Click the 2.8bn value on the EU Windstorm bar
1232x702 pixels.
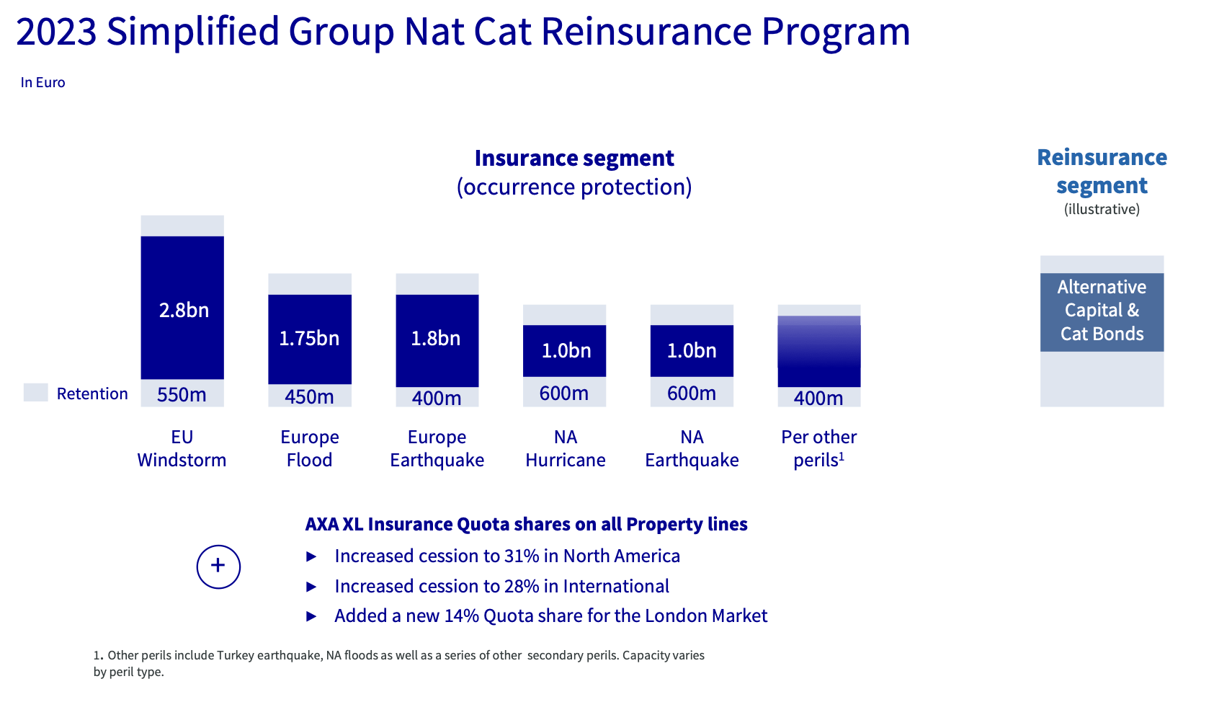coord(184,311)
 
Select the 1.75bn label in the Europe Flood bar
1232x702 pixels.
coord(309,339)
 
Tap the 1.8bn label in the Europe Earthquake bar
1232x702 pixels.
coord(436,339)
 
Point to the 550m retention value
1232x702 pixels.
coord(182,395)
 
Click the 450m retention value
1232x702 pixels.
coord(309,397)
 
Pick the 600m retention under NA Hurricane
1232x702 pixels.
coord(564,394)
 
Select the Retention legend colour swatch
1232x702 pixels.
coord(35,393)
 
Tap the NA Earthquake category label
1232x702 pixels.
coord(692,448)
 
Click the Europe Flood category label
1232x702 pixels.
coord(309,448)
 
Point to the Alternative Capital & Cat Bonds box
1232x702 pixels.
coord(1102,311)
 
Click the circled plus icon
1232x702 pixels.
coord(218,567)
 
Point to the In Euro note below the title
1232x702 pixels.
coord(43,83)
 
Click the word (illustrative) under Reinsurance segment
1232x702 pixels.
coord(1102,210)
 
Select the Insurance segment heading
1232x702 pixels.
coord(574,159)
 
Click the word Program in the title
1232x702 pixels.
coord(836,32)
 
